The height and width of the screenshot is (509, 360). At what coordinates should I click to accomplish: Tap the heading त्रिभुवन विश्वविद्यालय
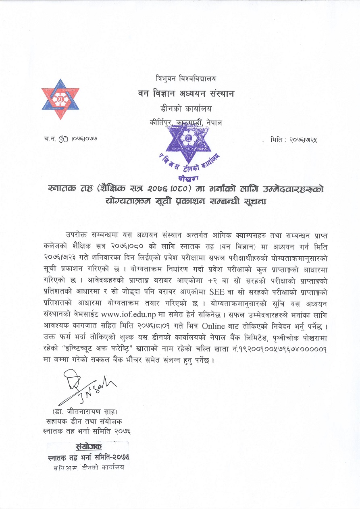[186, 78]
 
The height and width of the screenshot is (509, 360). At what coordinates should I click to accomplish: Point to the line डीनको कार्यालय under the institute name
[186, 108]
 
